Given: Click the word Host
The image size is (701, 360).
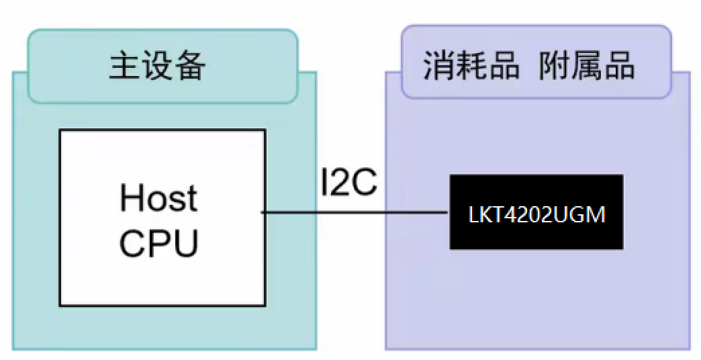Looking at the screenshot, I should click(x=158, y=198).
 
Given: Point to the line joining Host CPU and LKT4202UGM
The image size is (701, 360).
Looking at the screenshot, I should click(x=356, y=213).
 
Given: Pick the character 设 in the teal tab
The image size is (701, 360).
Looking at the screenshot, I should click(x=157, y=66).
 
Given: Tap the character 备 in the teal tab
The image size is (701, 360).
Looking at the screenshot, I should click(x=190, y=66).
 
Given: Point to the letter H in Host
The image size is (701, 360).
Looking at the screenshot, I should click(x=131, y=198).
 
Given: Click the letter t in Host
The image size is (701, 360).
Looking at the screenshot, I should click(x=191, y=199).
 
